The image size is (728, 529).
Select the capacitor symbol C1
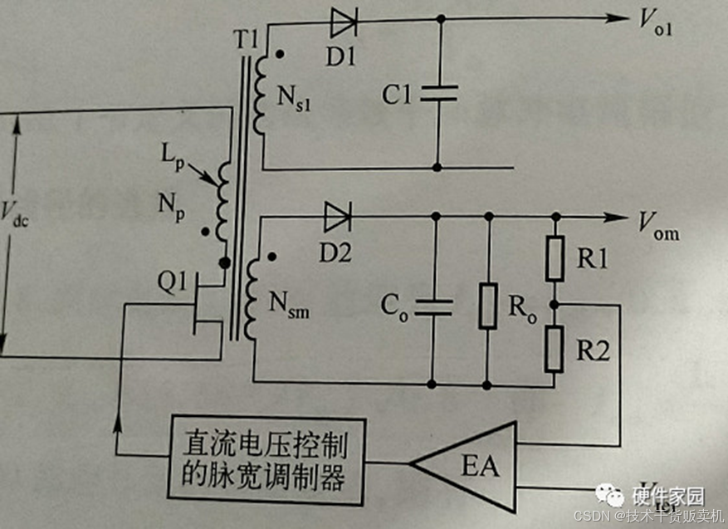[x=438, y=94]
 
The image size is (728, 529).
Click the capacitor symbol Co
[x=432, y=306]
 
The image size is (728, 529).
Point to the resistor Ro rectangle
[x=488, y=306]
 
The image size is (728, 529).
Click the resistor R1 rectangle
[x=555, y=258]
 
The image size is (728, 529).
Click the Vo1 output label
[x=655, y=26]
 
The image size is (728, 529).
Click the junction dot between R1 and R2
[x=555, y=304]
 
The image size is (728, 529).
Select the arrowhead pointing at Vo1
[x=618, y=18]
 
